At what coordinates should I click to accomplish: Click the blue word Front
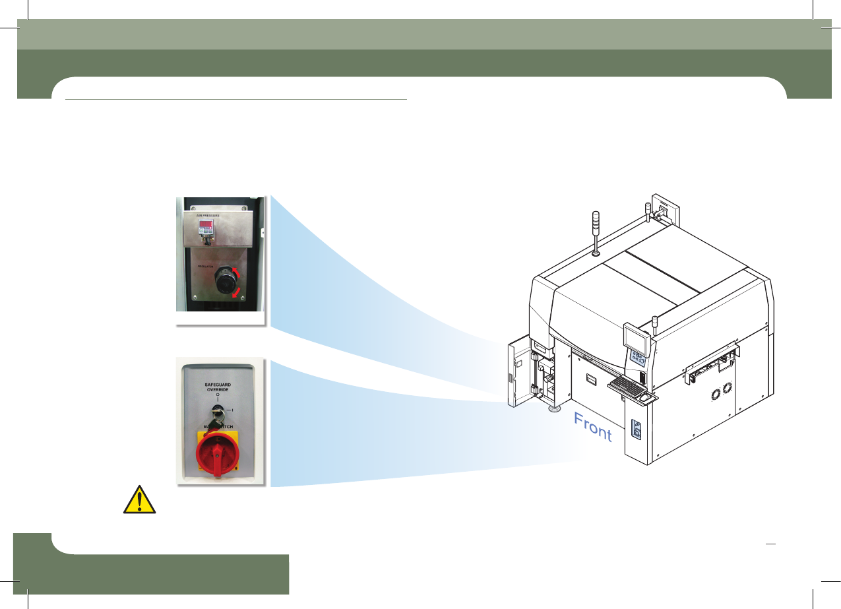coord(593,427)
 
